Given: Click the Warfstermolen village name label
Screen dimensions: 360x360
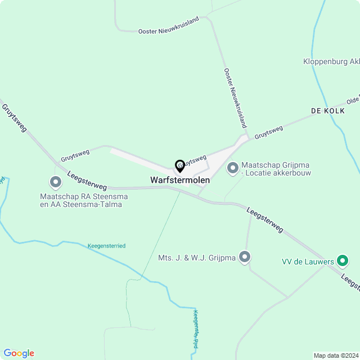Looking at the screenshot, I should (x=180, y=180).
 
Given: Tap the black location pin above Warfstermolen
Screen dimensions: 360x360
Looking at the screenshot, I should (x=180, y=166).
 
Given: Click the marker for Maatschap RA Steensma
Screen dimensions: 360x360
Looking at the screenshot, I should (x=56, y=182).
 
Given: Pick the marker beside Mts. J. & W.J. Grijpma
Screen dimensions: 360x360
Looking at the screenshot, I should (x=245, y=258).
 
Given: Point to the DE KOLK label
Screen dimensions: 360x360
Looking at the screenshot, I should (x=327, y=111).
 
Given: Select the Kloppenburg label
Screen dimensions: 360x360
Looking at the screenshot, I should (x=331, y=61).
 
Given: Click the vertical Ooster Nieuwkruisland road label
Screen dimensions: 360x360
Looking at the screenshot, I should (x=235, y=98).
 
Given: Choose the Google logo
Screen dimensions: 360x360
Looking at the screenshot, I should (x=18, y=353).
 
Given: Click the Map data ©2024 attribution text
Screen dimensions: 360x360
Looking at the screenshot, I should (x=335, y=355).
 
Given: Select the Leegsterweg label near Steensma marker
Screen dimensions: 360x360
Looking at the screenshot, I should (x=87, y=181).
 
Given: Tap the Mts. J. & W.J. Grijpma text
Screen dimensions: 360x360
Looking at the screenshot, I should (x=197, y=258).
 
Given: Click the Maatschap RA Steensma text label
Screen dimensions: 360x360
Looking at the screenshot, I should (x=84, y=200).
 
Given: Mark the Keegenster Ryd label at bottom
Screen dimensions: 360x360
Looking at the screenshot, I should (x=196, y=330).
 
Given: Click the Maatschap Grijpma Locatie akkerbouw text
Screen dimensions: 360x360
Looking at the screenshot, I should (x=276, y=169).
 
